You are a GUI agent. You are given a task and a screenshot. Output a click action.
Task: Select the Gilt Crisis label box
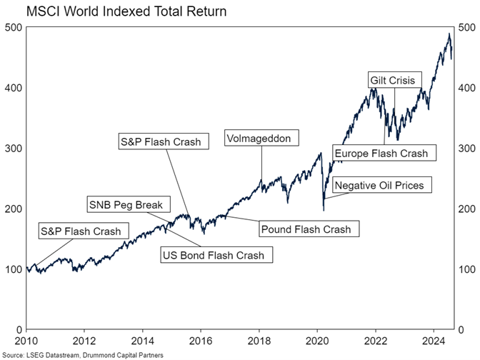pos(392,79)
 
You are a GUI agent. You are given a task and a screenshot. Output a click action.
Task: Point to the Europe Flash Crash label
pos(380,154)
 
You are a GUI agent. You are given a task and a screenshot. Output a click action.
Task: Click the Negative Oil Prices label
pos(379,186)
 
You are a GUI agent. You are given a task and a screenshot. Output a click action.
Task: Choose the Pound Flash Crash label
pos(306,229)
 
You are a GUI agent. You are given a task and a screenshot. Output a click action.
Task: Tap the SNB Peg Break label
pos(125,205)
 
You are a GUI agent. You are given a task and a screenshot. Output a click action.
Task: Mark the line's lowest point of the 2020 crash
pos(324,210)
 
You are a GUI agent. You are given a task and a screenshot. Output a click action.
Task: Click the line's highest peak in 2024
pos(449,34)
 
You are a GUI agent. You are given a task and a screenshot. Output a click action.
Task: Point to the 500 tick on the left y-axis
pos(13,27)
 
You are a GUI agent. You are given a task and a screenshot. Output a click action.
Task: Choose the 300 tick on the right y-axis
pos(466,149)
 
